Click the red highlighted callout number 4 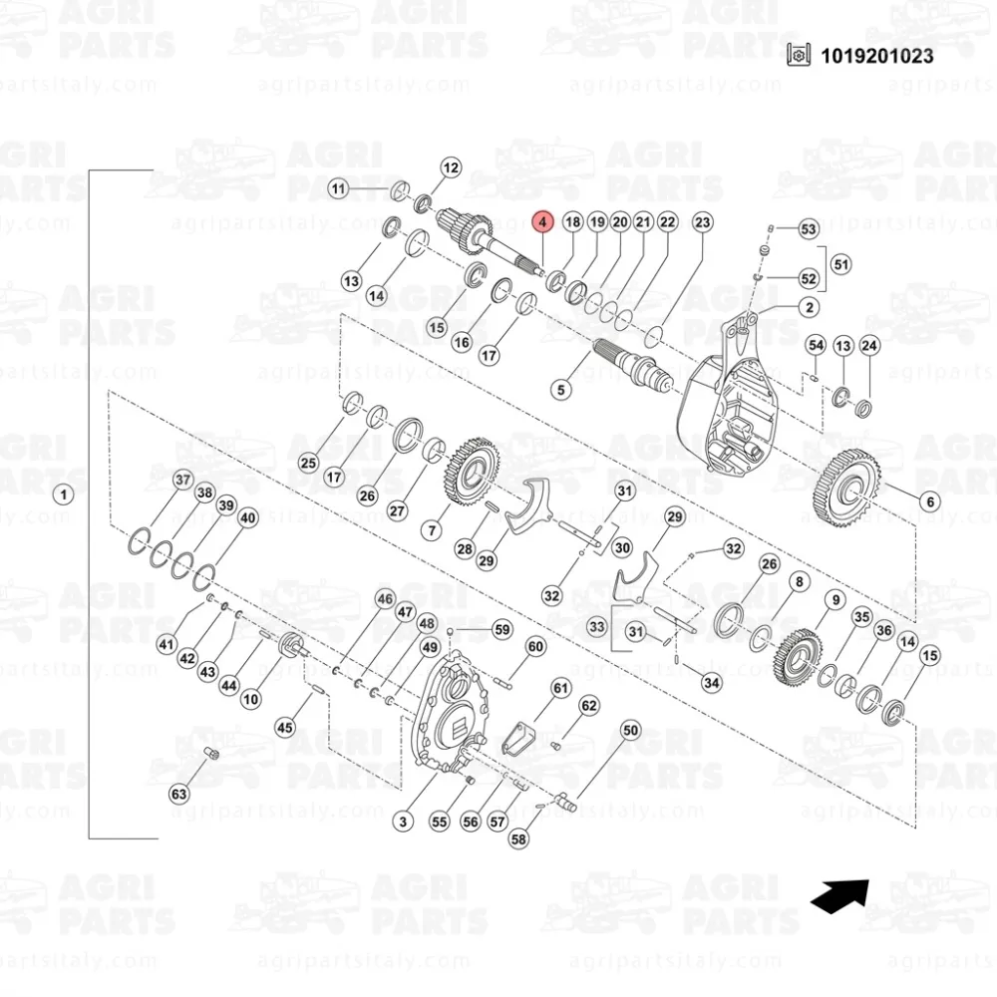[x=542, y=222]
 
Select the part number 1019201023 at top [x=876, y=56]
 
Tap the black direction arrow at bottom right [x=839, y=896]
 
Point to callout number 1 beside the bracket [x=63, y=495]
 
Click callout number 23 [x=702, y=222]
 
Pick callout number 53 [x=809, y=229]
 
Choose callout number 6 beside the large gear [x=930, y=501]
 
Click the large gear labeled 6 [x=847, y=488]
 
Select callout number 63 [x=178, y=794]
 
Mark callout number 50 [x=630, y=731]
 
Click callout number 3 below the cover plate [x=403, y=822]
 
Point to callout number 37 [x=183, y=480]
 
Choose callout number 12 [x=451, y=167]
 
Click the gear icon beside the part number [x=799, y=55]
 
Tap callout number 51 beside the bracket [x=841, y=264]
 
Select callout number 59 [x=502, y=629]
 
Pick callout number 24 [x=869, y=346]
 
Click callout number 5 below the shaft [x=560, y=389]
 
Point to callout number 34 [x=712, y=683]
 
